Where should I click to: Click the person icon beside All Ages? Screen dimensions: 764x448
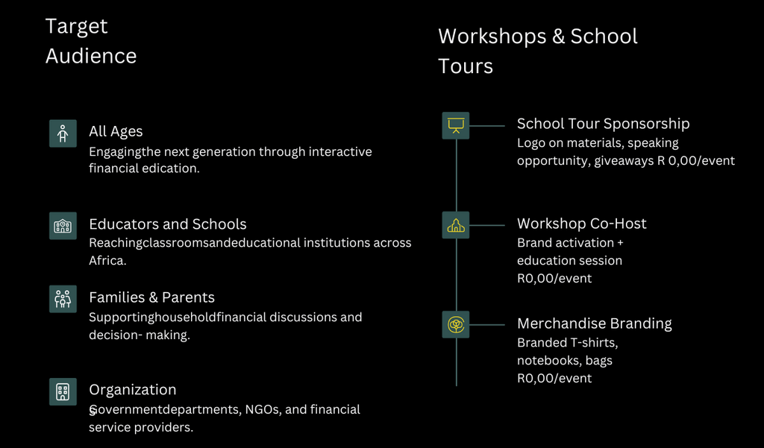click(x=63, y=133)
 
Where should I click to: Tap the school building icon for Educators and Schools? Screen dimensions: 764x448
click(x=63, y=226)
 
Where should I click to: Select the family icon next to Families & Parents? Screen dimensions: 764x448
click(x=63, y=299)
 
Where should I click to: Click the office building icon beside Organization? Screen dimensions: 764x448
click(x=63, y=391)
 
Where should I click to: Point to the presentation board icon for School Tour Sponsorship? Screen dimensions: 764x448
click(x=456, y=126)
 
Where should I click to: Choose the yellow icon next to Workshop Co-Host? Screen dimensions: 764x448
click(x=456, y=225)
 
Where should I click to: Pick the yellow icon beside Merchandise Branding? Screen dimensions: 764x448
click(x=456, y=324)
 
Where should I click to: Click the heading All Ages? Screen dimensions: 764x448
click(x=116, y=131)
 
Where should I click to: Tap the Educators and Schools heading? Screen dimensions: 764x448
click(x=168, y=224)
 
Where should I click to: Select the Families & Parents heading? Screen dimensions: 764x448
click(x=151, y=297)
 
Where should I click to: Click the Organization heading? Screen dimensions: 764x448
click(x=133, y=390)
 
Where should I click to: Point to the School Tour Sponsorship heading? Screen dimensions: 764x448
click(x=603, y=124)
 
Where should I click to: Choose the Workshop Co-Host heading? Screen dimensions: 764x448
click(x=582, y=224)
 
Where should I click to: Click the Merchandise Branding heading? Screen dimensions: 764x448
click(x=595, y=324)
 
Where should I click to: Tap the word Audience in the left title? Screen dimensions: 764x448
click(x=91, y=56)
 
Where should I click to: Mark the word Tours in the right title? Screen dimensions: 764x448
click(x=466, y=66)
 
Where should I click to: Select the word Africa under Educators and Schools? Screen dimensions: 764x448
click(x=107, y=260)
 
